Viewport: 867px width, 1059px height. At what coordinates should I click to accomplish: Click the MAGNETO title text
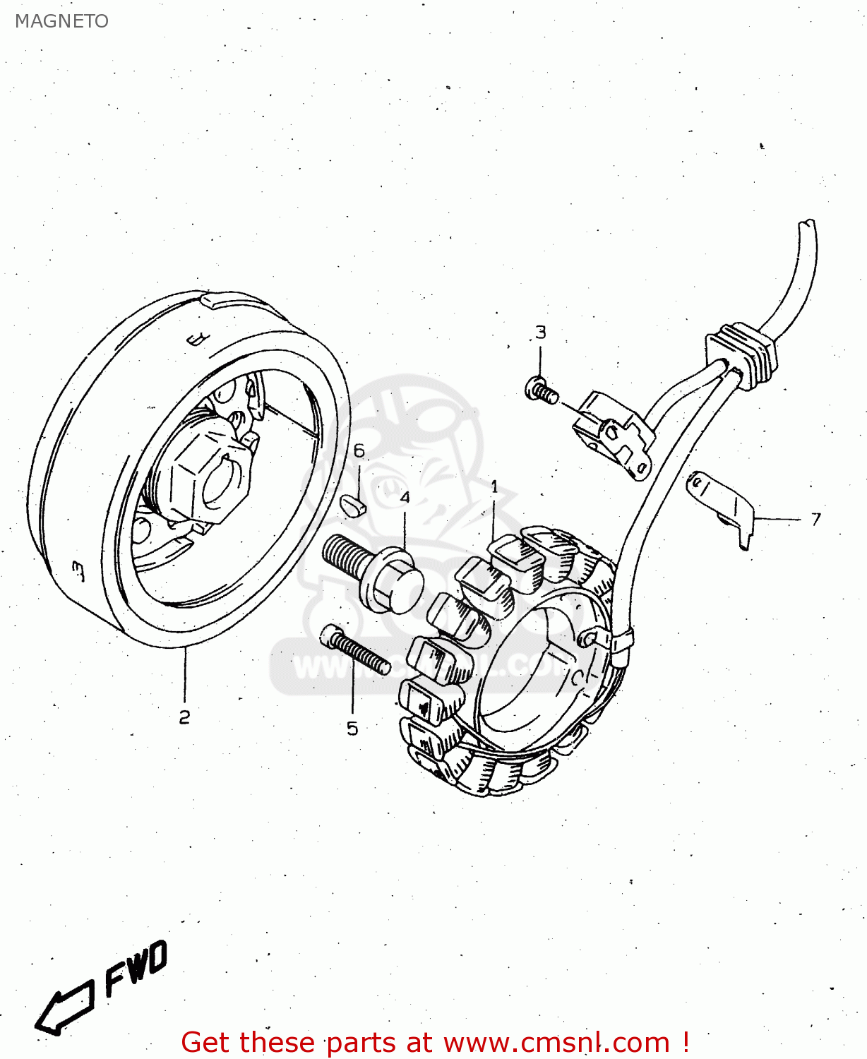(61, 21)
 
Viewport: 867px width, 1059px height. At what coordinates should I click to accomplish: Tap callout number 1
(494, 486)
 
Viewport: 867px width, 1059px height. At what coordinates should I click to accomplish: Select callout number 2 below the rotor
(184, 717)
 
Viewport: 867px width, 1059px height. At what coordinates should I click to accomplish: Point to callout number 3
(541, 332)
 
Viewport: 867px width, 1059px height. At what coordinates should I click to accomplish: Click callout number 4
(405, 498)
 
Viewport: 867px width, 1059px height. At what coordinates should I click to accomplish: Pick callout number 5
(352, 729)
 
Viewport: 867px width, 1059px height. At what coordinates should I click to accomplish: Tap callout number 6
(359, 451)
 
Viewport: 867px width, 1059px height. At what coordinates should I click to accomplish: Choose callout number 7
(816, 520)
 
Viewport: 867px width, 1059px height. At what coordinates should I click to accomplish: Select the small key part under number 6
(353, 505)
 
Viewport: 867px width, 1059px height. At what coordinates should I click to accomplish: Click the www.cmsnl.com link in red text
(556, 1043)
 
